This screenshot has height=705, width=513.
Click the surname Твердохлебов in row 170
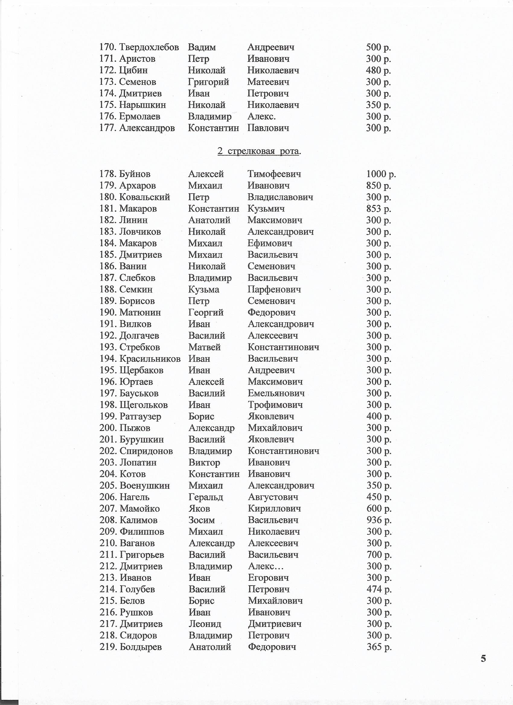coord(149,47)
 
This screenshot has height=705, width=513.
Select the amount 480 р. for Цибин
coord(378,70)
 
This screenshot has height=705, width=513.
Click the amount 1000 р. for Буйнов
coord(381,174)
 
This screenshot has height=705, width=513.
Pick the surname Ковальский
coord(144,197)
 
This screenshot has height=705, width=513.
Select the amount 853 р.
coord(379,209)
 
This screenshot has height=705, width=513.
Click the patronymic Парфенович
coord(274,289)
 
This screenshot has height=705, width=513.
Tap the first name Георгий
coord(206,312)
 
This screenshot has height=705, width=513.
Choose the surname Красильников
coord(150,359)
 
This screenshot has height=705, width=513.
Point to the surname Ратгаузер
coord(140,416)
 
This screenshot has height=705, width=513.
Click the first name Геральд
coord(206,497)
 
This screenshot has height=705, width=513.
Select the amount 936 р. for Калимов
coord(379,520)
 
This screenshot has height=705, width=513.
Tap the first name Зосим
coord(202,520)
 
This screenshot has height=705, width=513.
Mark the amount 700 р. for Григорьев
coord(379,555)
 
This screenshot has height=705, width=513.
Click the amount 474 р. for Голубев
coord(379,589)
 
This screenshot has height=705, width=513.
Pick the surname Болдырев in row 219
coord(141,647)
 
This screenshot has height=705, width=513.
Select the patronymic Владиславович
coord(280,197)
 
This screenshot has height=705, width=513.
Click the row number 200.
coord(108,428)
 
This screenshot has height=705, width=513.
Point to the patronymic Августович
coord(273,497)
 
